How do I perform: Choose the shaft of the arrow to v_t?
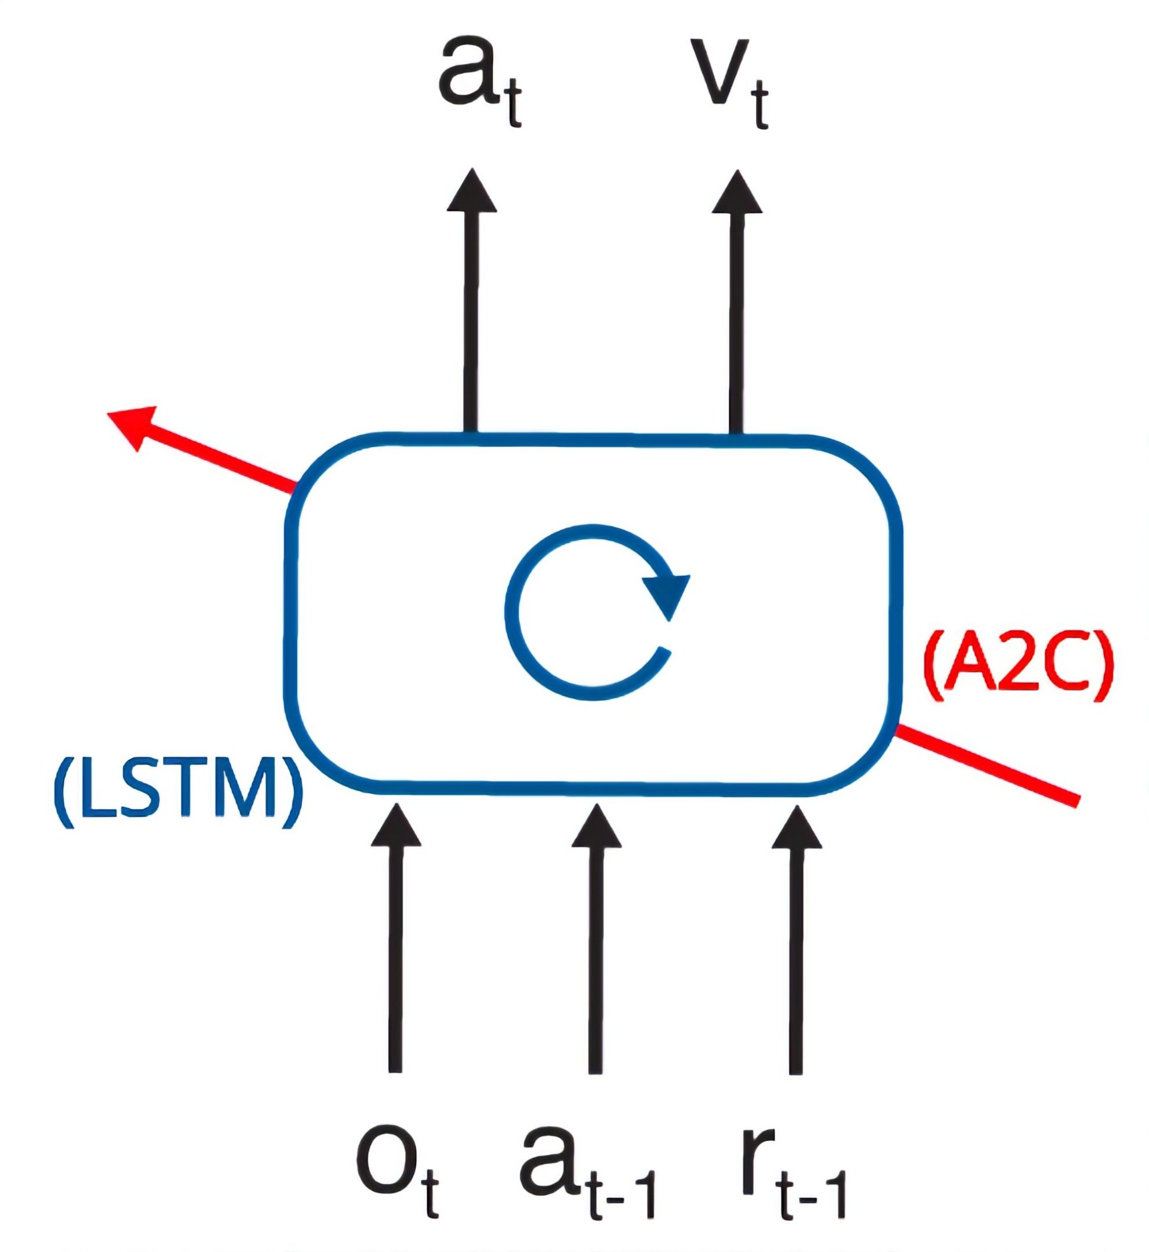point(737,323)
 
